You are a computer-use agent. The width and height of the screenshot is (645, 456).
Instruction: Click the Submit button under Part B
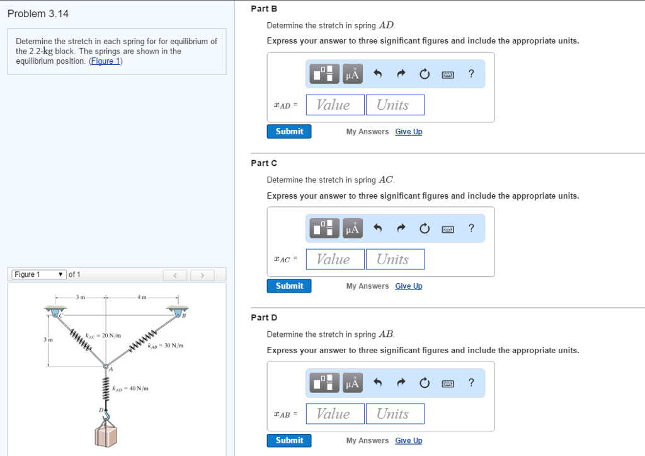[x=289, y=131]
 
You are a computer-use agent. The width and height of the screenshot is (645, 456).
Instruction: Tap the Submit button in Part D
[x=289, y=440]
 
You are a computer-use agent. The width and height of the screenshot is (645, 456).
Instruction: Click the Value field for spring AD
[x=335, y=105]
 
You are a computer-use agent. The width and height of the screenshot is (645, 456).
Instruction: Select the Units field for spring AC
[x=395, y=259]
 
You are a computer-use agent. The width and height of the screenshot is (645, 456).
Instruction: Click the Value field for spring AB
[x=335, y=414]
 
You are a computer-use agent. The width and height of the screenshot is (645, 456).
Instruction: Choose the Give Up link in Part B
[x=408, y=132]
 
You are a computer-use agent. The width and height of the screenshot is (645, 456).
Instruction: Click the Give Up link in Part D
[x=408, y=441]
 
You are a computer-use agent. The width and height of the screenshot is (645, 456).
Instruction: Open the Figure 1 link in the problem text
[x=105, y=61]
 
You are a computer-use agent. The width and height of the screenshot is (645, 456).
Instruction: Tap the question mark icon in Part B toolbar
[x=471, y=74]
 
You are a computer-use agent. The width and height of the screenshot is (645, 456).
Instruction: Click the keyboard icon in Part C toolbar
[x=448, y=229]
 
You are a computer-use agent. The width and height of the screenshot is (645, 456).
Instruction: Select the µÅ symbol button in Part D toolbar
[x=352, y=383]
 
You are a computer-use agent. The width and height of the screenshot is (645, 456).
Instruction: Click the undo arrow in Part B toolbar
[x=378, y=74]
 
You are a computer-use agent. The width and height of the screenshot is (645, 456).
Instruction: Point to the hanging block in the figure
[x=106, y=436]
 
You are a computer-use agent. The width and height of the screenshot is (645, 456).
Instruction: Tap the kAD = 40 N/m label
[x=130, y=389]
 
